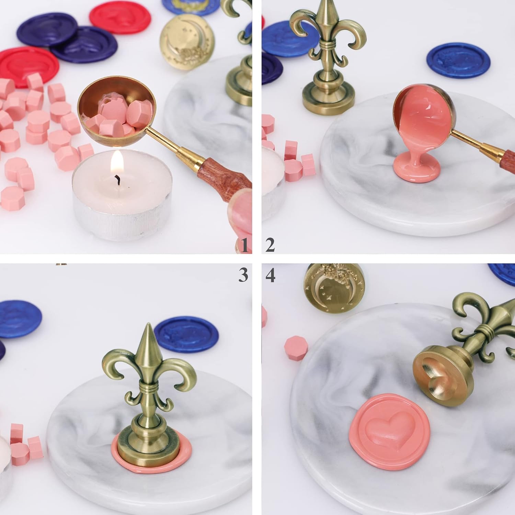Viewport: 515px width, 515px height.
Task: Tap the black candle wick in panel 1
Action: pos(118,179)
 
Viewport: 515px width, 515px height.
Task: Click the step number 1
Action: pos(244,246)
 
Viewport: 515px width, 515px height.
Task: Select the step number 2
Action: pos(270,246)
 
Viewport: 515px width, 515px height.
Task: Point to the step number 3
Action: pos(243,275)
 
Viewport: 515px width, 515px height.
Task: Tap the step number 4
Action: pos(271,275)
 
